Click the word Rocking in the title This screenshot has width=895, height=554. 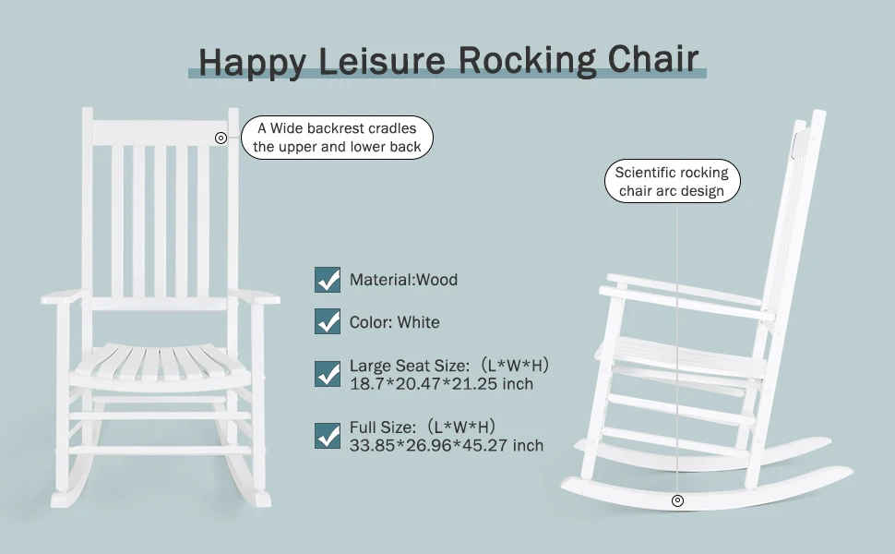pos(527,61)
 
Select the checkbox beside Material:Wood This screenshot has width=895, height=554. pos(328,279)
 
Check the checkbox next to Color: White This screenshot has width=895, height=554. pos(328,321)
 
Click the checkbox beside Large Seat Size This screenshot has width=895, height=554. pos(328,374)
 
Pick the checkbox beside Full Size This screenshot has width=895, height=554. pos(328,435)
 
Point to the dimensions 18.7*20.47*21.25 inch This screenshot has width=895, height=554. pos(440,383)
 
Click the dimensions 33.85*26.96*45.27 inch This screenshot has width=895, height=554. pos(446,445)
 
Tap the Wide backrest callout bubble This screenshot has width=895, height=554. pos(337,138)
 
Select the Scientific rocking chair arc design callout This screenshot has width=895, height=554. pos(672,182)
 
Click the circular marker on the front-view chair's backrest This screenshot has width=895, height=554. pos(221,138)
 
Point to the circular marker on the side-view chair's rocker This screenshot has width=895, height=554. pos(677,500)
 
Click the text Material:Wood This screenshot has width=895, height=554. pos(403,279)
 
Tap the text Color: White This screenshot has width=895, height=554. pos(394,322)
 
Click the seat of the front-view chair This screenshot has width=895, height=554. pos(161,362)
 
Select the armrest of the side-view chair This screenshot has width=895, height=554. pos(683,297)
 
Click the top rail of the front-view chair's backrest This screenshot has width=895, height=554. pos(161,131)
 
